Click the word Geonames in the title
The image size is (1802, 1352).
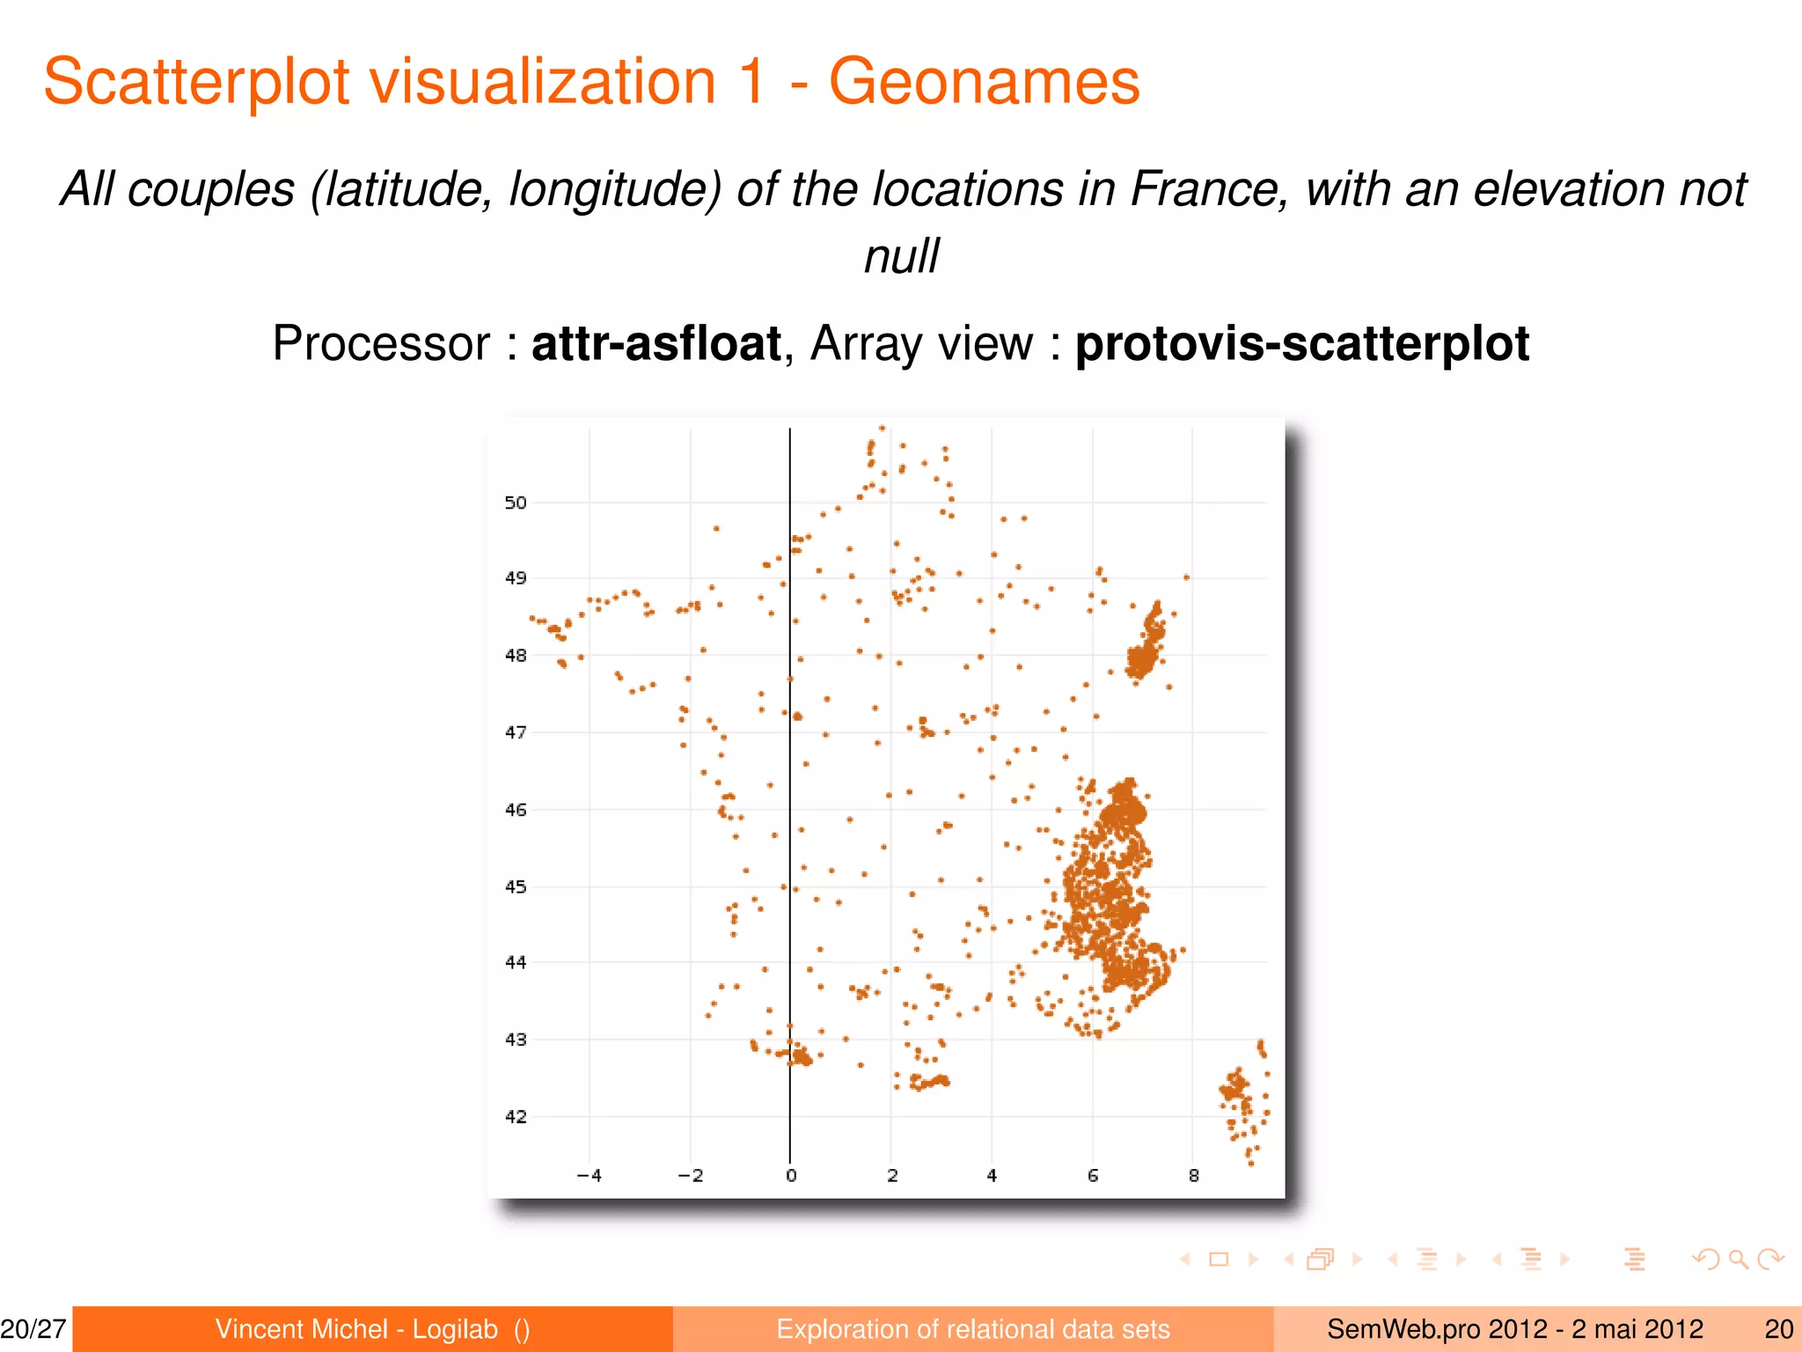(984, 82)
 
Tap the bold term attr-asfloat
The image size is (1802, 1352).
(656, 343)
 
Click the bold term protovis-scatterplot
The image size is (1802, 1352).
(1301, 343)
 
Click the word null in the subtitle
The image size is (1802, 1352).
(901, 256)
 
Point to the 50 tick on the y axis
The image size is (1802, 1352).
(516, 503)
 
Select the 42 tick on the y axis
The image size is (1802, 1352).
(516, 1117)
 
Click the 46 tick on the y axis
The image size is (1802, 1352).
(516, 810)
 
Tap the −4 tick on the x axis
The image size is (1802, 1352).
(589, 1176)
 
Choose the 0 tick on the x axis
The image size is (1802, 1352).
(791, 1176)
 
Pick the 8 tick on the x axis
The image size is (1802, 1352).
(1194, 1176)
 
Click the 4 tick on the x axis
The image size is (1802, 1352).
(992, 1176)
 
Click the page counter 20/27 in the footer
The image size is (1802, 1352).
(33, 1329)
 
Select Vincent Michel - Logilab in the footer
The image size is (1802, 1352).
(356, 1329)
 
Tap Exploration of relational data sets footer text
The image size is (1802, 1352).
(972, 1329)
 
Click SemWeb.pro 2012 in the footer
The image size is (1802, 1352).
(1436, 1329)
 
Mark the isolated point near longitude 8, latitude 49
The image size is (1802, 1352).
(1187, 577)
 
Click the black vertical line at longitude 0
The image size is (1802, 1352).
(790, 792)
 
